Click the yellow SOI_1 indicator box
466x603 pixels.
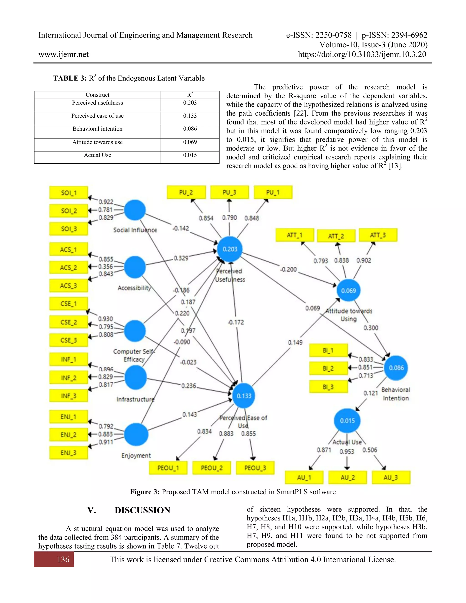pos(68,193)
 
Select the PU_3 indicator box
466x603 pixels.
pos(229,192)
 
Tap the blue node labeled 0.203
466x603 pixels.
pos(230,249)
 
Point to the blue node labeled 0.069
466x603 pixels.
pos(348,290)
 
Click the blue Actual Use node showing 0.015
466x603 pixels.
pos(347,421)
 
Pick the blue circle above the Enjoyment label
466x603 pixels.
pos(136,434)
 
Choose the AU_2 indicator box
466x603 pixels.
pos(347,477)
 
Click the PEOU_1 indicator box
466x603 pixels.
pos(168,468)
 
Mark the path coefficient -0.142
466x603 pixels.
pos(180,228)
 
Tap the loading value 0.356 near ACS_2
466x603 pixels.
pos(106,266)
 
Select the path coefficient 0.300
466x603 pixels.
pos(370,328)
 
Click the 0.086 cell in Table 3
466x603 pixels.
pos(190,129)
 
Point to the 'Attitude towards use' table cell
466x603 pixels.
pos(97,142)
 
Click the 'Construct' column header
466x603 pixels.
pos(97,95)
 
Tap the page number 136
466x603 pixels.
pos(63,559)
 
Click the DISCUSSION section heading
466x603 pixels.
pos(142,510)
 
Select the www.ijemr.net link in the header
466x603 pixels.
pos(63,54)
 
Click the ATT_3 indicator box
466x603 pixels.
pos(378,235)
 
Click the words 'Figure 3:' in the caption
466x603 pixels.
pos(145,492)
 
